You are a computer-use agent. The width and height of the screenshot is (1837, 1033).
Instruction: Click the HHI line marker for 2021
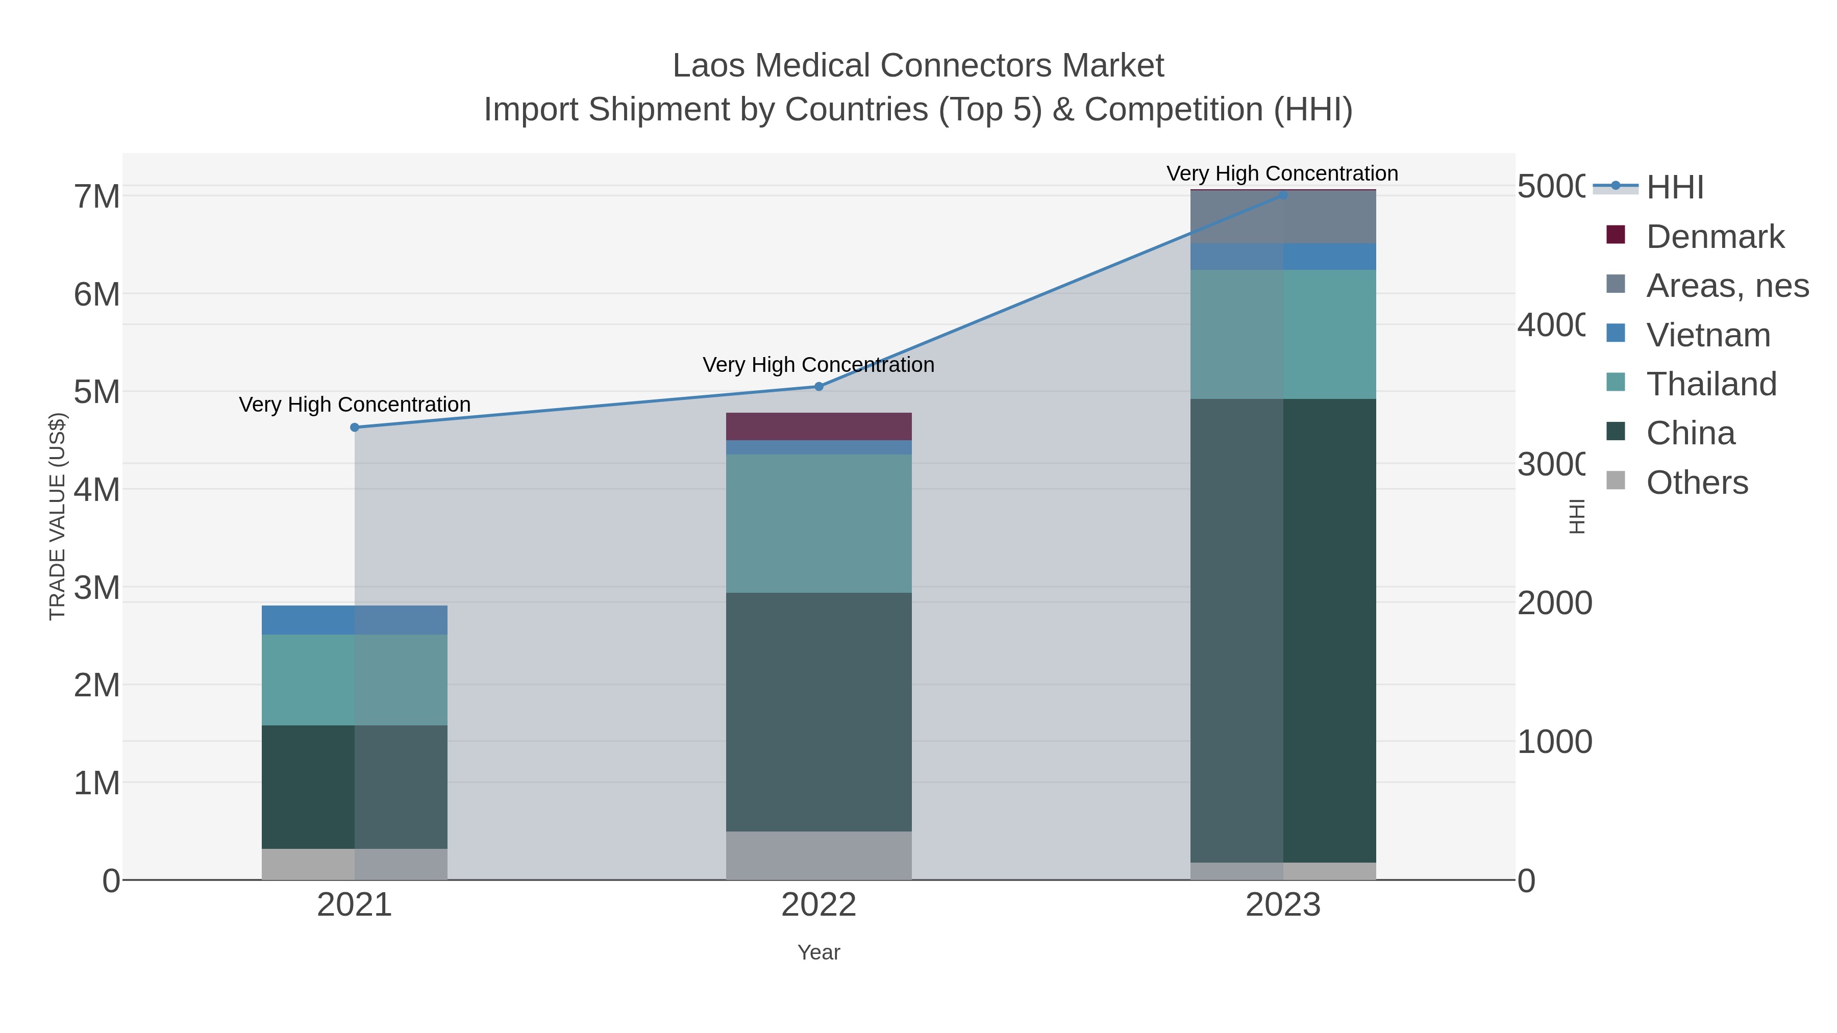point(355,427)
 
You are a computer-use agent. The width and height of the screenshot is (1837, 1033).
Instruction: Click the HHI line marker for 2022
point(818,386)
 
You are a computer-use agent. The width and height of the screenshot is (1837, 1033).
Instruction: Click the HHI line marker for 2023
point(1283,195)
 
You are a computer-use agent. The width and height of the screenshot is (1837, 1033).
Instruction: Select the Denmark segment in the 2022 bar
point(818,426)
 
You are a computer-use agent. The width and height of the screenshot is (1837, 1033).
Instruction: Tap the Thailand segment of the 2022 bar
point(818,523)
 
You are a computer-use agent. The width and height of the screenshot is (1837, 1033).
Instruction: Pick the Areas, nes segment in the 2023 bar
point(1283,217)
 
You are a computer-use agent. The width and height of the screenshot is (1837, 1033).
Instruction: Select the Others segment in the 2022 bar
point(818,855)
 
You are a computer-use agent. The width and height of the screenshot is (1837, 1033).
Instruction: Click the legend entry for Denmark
point(1715,237)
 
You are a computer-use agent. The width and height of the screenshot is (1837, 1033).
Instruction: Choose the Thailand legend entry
point(1711,384)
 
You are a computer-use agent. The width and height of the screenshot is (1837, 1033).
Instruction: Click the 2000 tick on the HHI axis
point(1554,603)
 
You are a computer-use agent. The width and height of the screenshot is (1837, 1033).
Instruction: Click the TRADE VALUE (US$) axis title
point(57,516)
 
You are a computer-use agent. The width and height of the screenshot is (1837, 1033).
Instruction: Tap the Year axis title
point(818,952)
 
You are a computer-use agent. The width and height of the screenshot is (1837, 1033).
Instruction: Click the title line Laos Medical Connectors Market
point(918,66)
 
